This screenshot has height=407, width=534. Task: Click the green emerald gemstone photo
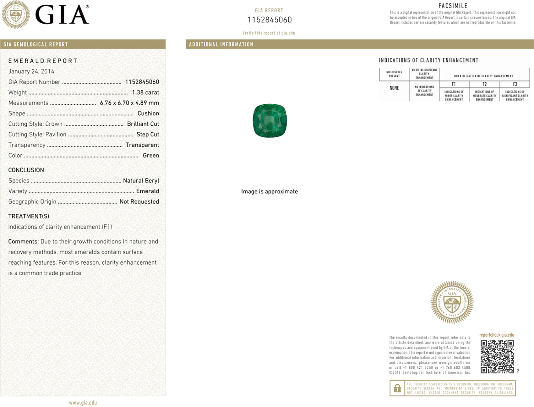pyautogui.click(x=270, y=121)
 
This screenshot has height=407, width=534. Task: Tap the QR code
pyautogui.click(x=497, y=357)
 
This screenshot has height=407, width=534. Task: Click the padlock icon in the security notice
pyautogui.click(x=397, y=388)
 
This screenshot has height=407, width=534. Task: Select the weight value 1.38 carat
pyautogui.click(x=145, y=92)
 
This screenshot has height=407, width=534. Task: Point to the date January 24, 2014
pyautogui.click(x=31, y=71)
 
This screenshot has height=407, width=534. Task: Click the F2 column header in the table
pyautogui.click(x=484, y=84)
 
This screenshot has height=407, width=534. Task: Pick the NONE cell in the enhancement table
pyautogui.click(x=394, y=88)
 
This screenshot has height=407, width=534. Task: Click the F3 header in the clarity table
pyautogui.click(x=515, y=84)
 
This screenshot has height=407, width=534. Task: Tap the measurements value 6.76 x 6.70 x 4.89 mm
pyautogui.click(x=129, y=103)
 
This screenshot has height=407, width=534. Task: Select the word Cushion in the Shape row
pyautogui.click(x=148, y=113)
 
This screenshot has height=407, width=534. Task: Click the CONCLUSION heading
pyautogui.click(x=26, y=170)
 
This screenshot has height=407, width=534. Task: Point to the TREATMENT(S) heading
pyautogui.click(x=29, y=216)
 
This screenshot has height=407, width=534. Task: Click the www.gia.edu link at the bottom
pyautogui.click(x=83, y=403)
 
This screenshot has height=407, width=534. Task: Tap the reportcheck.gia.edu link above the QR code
pyautogui.click(x=497, y=335)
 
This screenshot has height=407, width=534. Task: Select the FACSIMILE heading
pyautogui.click(x=453, y=6)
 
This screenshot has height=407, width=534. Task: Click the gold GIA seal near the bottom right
pyautogui.click(x=452, y=302)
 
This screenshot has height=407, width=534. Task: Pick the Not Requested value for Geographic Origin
pyautogui.click(x=139, y=201)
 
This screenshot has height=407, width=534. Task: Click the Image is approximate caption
pyautogui.click(x=270, y=191)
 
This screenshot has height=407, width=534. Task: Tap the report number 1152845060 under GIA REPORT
pyautogui.click(x=270, y=20)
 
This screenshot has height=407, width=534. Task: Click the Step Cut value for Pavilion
pyautogui.click(x=148, y=135)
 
